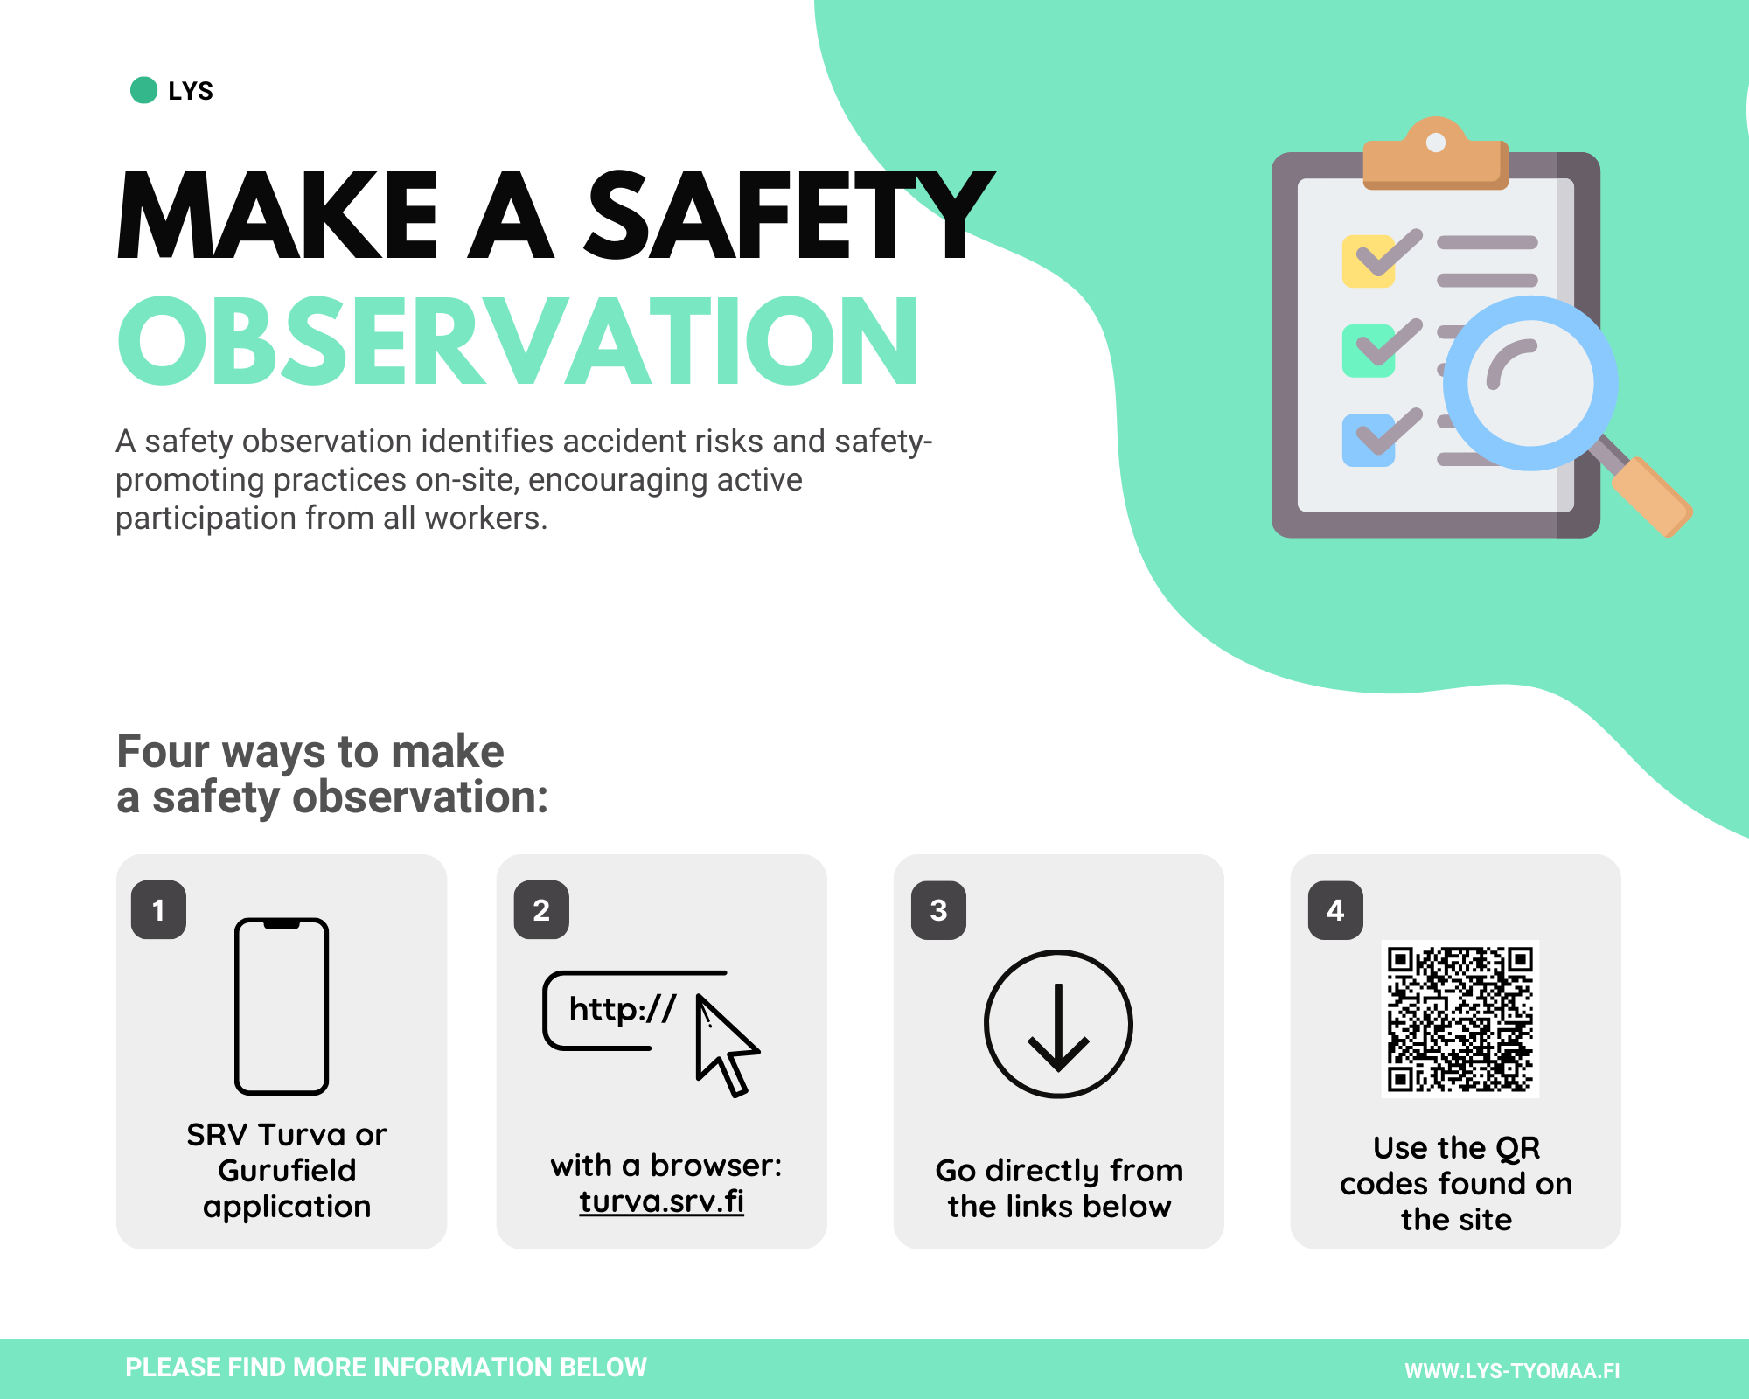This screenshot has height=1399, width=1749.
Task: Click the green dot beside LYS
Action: point(143,90)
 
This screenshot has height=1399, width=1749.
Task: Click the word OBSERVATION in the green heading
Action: point(519,341)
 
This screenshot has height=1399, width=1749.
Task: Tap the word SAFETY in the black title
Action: point(790,216)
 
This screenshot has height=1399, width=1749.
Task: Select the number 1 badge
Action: point(158,910)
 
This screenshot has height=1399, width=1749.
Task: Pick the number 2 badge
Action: point(541,910)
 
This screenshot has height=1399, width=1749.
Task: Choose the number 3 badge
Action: point(938,910)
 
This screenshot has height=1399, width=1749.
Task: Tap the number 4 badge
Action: point(1335,910)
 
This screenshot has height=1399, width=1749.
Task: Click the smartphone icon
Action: point(282,1006)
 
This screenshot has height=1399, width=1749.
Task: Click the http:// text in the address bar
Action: point(622,1009)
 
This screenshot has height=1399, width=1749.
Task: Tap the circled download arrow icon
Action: point(1058,1024)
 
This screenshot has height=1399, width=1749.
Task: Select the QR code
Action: point(1460,1019)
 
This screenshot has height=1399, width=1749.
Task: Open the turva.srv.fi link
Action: point(661,1201)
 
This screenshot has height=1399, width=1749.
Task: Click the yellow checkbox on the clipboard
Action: point(1369,261)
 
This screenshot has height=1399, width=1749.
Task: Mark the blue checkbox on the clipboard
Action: point(1369,440)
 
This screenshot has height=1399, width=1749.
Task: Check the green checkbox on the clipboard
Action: point(1369,351)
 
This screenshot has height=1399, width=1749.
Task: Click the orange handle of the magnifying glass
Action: point(1652,496)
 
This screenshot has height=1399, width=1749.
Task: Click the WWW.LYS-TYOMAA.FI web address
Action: point(1512,1370)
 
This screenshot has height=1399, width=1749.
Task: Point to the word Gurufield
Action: point(287,1170)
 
